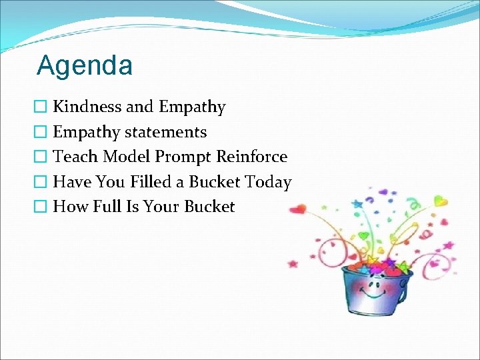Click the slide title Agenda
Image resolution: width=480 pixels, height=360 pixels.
[85, 65]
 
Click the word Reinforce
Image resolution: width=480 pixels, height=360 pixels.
[252, 157]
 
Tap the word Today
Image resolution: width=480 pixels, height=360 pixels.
[268, 181]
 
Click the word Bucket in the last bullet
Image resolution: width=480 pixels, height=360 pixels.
[211, 207]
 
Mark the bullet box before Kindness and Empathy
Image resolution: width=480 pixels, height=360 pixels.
[42, 107]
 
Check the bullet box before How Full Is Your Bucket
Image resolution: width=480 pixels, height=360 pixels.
[42, 207]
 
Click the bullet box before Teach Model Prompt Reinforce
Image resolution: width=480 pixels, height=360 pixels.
[42, 157]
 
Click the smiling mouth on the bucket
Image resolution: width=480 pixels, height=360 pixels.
[377, 293]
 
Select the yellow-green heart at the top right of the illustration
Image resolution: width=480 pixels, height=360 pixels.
[441, 200]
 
